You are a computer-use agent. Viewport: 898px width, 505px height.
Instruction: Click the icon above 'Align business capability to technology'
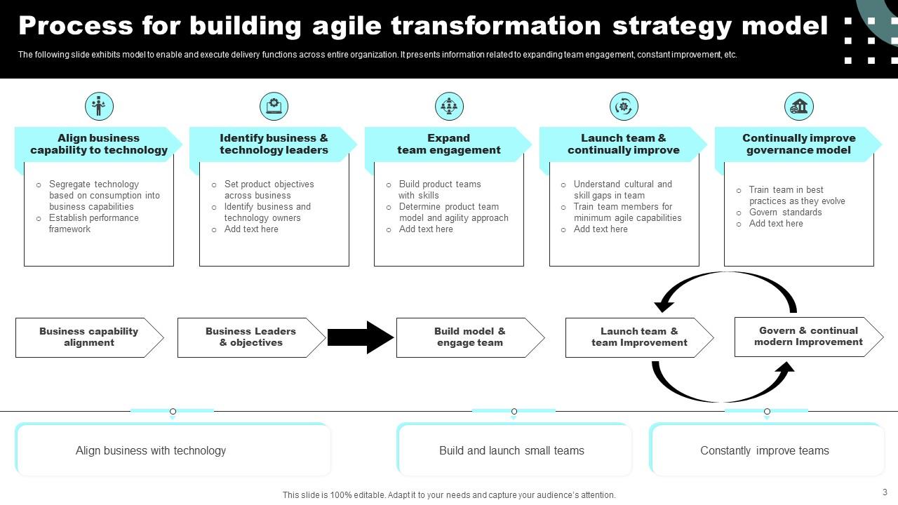(99, 106)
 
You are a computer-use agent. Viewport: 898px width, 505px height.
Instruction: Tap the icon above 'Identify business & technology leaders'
(274, 106)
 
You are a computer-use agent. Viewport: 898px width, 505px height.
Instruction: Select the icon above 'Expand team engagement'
(449, 106)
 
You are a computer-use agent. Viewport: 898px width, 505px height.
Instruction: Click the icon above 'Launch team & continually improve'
(624, 106)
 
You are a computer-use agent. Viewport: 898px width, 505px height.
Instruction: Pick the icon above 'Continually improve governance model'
(798, 106)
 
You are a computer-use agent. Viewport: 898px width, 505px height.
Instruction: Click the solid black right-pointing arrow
(360, 337)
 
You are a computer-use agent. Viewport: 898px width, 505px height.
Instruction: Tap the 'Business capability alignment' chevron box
(89, 337)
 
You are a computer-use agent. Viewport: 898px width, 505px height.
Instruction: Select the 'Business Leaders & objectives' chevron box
(250, 337)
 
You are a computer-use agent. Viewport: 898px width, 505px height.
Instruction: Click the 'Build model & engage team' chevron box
(469, 337)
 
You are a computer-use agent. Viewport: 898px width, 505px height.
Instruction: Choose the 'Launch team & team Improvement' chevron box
(638, 337)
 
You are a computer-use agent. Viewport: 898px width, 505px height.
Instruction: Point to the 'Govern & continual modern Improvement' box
(808, 337)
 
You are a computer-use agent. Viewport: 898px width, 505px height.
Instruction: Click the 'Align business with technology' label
(151, 451)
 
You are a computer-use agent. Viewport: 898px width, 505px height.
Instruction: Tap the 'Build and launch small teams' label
(511, 451)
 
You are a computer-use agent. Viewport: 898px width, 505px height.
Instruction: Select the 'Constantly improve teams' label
(764, 451)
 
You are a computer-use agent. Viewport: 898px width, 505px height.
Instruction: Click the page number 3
(885, 492)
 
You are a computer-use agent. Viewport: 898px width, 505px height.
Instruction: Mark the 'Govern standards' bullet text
(785, 213)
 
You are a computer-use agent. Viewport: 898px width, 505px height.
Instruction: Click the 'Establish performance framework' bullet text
(93, 224)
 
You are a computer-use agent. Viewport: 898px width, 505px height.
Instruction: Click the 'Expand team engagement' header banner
(449, 144)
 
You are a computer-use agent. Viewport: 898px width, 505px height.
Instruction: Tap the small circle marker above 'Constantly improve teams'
(767, 411)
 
